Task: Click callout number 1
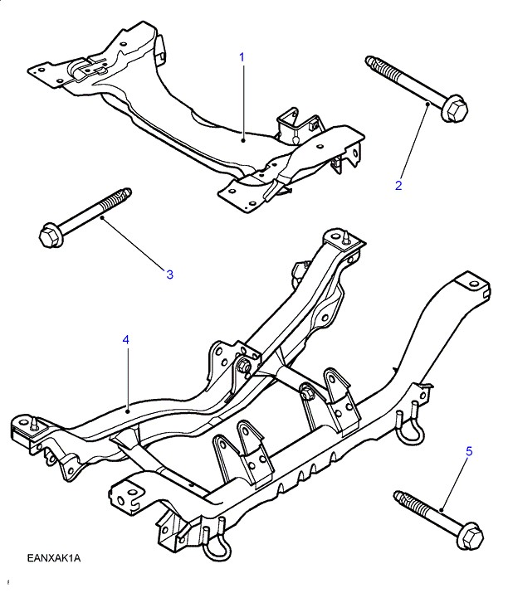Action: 242,57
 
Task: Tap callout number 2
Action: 398,186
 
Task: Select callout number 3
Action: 169,274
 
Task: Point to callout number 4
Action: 125,340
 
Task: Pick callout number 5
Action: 468,451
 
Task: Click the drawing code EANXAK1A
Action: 54,557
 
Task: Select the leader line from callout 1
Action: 242,100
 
